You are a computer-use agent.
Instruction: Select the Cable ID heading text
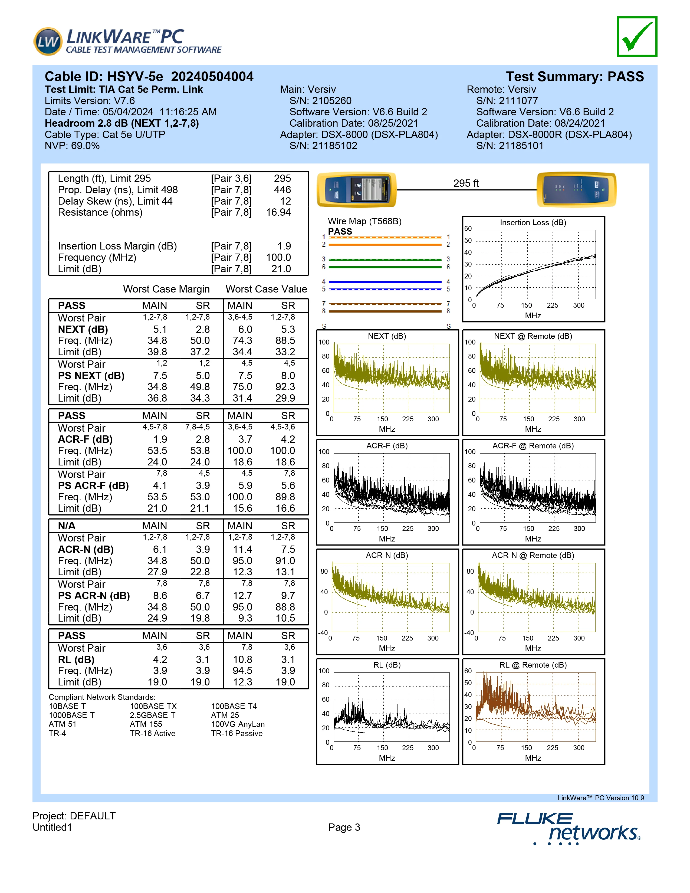pyautogui.click(x=149, y=77)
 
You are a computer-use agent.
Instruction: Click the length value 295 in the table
pyautogui.click(x=282, y=179)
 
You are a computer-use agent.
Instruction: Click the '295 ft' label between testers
pyautogui.click(x=466, y=183)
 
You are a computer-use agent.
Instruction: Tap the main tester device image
pyautogui.click(x=356, y=190)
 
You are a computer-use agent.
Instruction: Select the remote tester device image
pyautogui.click(x=576, y=190)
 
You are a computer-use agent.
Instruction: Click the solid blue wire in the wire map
pyautogui.click(x=385, y=282)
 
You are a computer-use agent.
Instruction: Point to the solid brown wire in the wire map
pyautogui.click(x=385, y=311)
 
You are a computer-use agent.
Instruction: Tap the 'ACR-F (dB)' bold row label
pyautogui.click(x=85, y=439)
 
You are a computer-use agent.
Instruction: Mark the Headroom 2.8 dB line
pyautogui.click(x=121, y=123)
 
